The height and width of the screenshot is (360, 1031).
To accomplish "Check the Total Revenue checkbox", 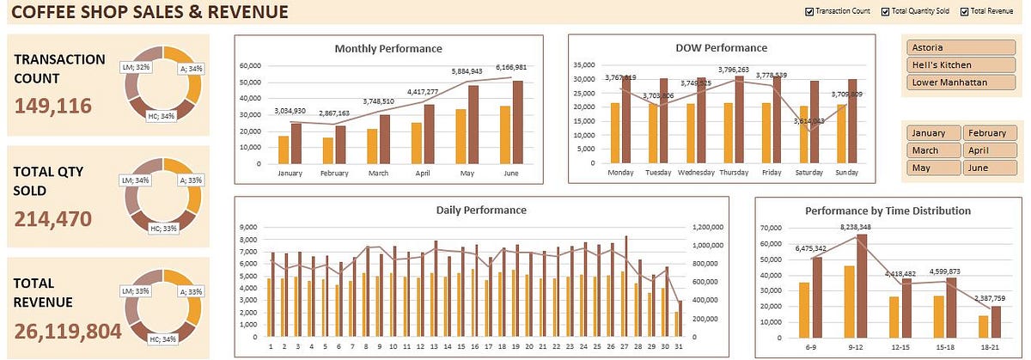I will [x=965, y=11].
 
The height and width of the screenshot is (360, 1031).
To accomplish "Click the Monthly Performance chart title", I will [x=387, y=48].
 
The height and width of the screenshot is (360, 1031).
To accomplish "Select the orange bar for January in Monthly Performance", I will [x=284, y=149].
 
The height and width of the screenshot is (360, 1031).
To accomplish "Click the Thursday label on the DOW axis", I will [x=734, y=173].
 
